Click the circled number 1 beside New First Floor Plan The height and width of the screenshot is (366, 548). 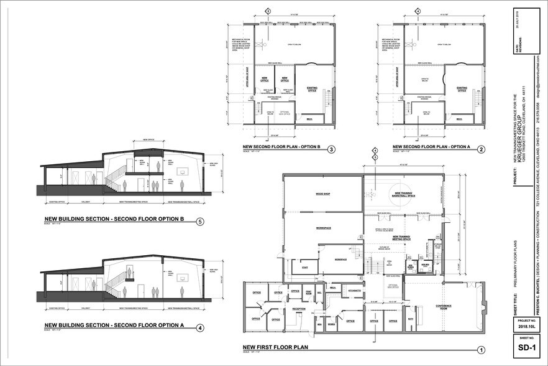point(480,349)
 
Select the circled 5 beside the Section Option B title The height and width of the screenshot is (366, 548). point(199,221)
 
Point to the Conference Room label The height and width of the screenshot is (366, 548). point(443,305)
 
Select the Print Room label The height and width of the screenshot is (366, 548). point(309,293)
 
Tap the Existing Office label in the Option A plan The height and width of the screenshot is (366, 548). point(462,89)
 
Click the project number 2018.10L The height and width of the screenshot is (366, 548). point(526,325)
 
